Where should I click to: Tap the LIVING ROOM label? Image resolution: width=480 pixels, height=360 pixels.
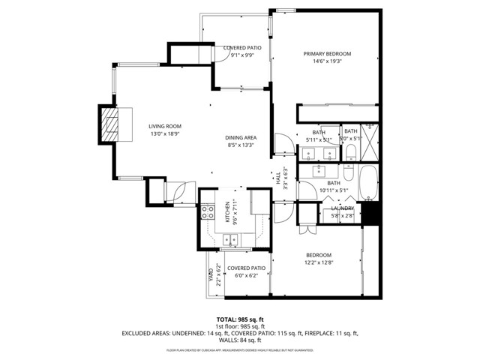(x=164, y=126)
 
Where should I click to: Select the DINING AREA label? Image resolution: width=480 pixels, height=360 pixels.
(x=241, y=138)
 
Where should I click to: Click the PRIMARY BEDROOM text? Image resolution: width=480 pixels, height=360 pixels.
(x=327, y=54)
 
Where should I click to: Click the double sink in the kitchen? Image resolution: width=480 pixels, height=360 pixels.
(x=231, y=240)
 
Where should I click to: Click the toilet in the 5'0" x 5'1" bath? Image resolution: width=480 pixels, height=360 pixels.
(x=351, y=153)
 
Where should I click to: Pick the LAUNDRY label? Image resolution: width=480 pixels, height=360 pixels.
(x=343, y=208)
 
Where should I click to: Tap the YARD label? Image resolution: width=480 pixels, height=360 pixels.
(x=210, y=275)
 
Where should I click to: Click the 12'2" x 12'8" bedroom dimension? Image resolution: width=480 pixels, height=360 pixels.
(x=318, y=262)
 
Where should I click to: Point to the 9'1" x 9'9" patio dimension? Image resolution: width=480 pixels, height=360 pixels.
(x=241, y=55)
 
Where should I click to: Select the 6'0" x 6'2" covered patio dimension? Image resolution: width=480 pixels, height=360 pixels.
(x=246, y=275)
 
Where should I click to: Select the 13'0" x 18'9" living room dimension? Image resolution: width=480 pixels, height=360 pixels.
(x=164, y=133)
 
